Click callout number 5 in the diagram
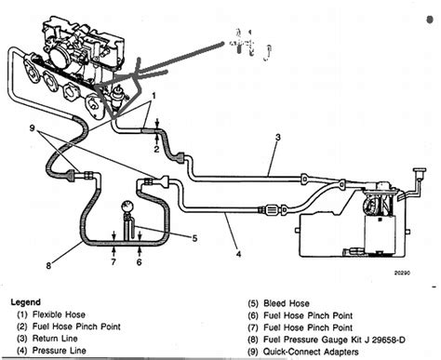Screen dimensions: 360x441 click(193, 236)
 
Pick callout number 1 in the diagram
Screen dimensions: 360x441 click(155, 96)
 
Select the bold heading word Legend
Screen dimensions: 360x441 click(27, 301)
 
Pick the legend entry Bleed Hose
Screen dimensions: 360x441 click(286, 301)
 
